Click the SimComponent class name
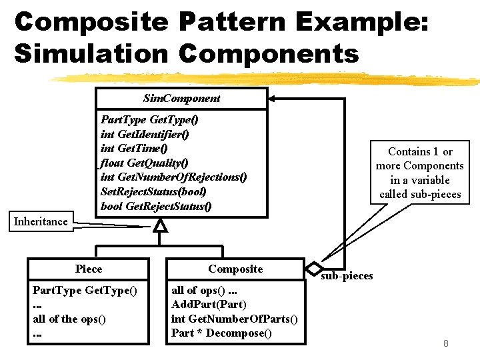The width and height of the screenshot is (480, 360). (x=181, y=99)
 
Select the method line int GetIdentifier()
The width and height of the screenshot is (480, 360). (x=145, y=135)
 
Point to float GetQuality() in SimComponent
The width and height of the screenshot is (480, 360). (x=144, y=163)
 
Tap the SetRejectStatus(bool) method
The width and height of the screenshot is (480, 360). (x=153, y=191)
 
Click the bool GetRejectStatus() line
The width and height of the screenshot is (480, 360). (x=156, y=206)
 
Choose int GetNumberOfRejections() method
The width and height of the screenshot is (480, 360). (x=173, y=177)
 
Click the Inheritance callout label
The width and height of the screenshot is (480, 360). (x=41, y=221)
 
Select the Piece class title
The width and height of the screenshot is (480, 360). (x=89, y=269)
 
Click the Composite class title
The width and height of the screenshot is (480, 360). (x=235, y=269)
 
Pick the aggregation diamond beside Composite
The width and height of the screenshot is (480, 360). (x=314, y=269)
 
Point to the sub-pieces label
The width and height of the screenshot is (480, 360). (x=347, y=276)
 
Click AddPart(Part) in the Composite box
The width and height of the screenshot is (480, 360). (x=209, y=304)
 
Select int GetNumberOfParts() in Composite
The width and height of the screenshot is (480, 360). (x=234, y=319)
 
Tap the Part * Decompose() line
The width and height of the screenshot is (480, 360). (x=221, y=333)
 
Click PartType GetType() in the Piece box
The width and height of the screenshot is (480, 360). (x=85, y=290)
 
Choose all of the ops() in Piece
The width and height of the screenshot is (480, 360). (x=69, y=319)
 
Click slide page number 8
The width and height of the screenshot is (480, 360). (x=446, y=343)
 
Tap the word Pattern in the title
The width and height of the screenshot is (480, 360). (x=233, y=22)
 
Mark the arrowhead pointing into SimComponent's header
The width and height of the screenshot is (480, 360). (x=271, y=99)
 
